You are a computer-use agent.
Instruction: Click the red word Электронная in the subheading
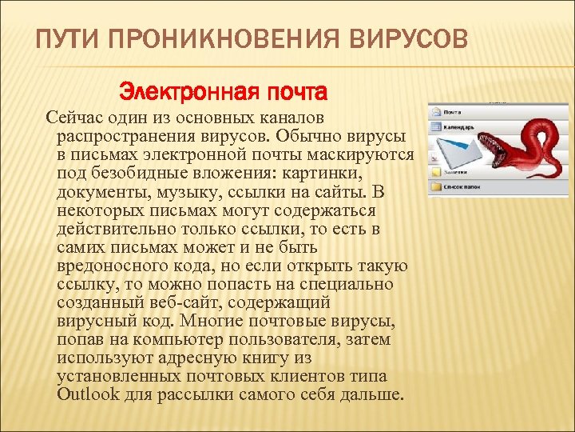tap(169, 93)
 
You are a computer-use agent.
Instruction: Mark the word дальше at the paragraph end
tap(375, 394)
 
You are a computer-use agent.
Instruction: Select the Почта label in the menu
tap(453, 112)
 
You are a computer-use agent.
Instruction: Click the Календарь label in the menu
tap(459, 126)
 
